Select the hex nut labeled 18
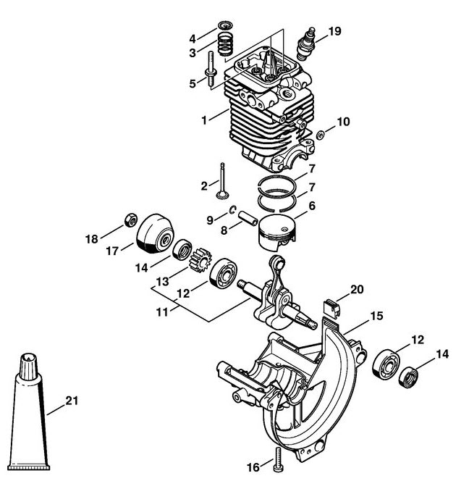coord(130,219)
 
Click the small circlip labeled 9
coord(232,209)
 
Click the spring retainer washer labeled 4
coord(226,25)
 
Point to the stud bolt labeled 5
coord(211,71)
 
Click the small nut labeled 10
coord(321,135)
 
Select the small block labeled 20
coord(332,307)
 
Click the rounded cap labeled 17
coord(155,234)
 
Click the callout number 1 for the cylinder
coord(204,120)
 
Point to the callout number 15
coord(377,316)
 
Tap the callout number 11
coord(162,313)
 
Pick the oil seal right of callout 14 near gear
coord(182,250)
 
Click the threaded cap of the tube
coord(28,367)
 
